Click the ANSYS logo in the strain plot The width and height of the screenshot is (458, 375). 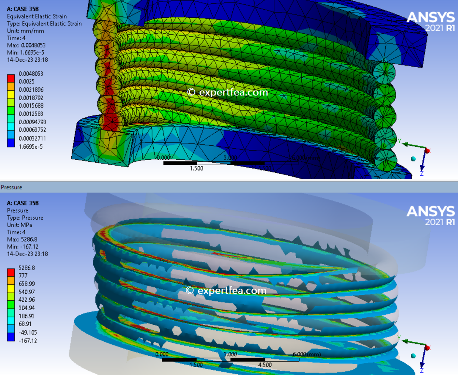(x=430, y=21)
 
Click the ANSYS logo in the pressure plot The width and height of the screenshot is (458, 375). (x=430, y=216)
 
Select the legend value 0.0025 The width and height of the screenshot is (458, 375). (x=27, y=81)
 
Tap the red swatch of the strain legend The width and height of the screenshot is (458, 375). (x=11, y=78)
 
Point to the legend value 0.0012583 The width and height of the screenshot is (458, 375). (x=31, y=114)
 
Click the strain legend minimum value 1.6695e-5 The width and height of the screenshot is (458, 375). (x=31, y=147)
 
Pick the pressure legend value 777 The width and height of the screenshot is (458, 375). (x=23, y=276)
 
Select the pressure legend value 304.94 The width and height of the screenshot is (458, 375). (x=27, y=308)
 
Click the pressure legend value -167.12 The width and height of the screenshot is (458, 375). (x=28, y=341)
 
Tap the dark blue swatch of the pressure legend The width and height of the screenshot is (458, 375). (x=11, y=337)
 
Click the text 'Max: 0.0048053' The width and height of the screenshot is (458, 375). (x=26, y=45)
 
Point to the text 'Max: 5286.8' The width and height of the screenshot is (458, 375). (x=22, y=239)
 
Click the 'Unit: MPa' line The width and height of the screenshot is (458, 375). (x=20, y=225)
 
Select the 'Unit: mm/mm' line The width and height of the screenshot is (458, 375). (x=25, y=31)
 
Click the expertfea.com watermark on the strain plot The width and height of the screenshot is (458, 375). (x=228, y=92)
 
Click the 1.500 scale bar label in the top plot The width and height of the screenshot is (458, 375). (x=196, y=168)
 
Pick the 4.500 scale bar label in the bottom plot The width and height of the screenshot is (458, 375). (x=265, y=365)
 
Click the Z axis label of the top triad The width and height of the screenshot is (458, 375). (x=421, y=173)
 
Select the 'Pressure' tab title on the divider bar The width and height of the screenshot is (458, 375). (x=11, y=187)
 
